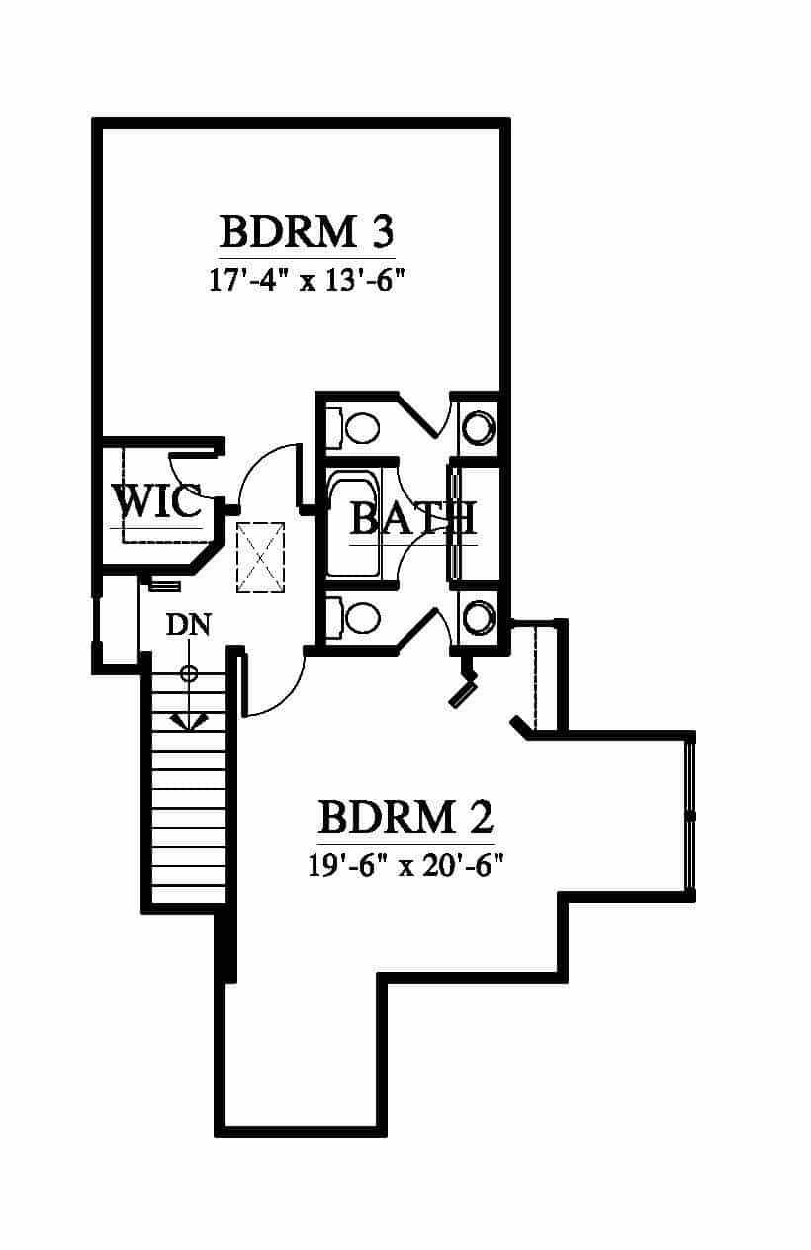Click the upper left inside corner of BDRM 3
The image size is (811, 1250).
coord(103,129)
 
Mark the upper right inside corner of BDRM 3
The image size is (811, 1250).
coord(499,129)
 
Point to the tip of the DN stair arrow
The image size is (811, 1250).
coord(189,730)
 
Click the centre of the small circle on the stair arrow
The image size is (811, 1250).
coord(189,673)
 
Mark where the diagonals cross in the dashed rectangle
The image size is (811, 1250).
coord(261,558)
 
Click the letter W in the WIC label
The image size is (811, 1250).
coord(133,501)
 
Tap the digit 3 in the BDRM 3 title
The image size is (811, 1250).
coord(382,231)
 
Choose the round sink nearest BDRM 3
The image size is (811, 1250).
coord(479,428)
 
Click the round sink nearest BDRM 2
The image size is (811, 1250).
coord(479,618)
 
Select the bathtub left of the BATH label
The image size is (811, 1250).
coord(354,524)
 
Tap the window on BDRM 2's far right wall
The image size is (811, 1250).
coord(691,816)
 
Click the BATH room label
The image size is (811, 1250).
coord(413,518)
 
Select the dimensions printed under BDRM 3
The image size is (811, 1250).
coord(307,280)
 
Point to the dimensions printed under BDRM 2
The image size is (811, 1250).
coord(405,866)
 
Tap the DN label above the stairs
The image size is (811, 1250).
coord(189,624)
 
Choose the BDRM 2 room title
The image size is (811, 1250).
coord(405,817)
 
